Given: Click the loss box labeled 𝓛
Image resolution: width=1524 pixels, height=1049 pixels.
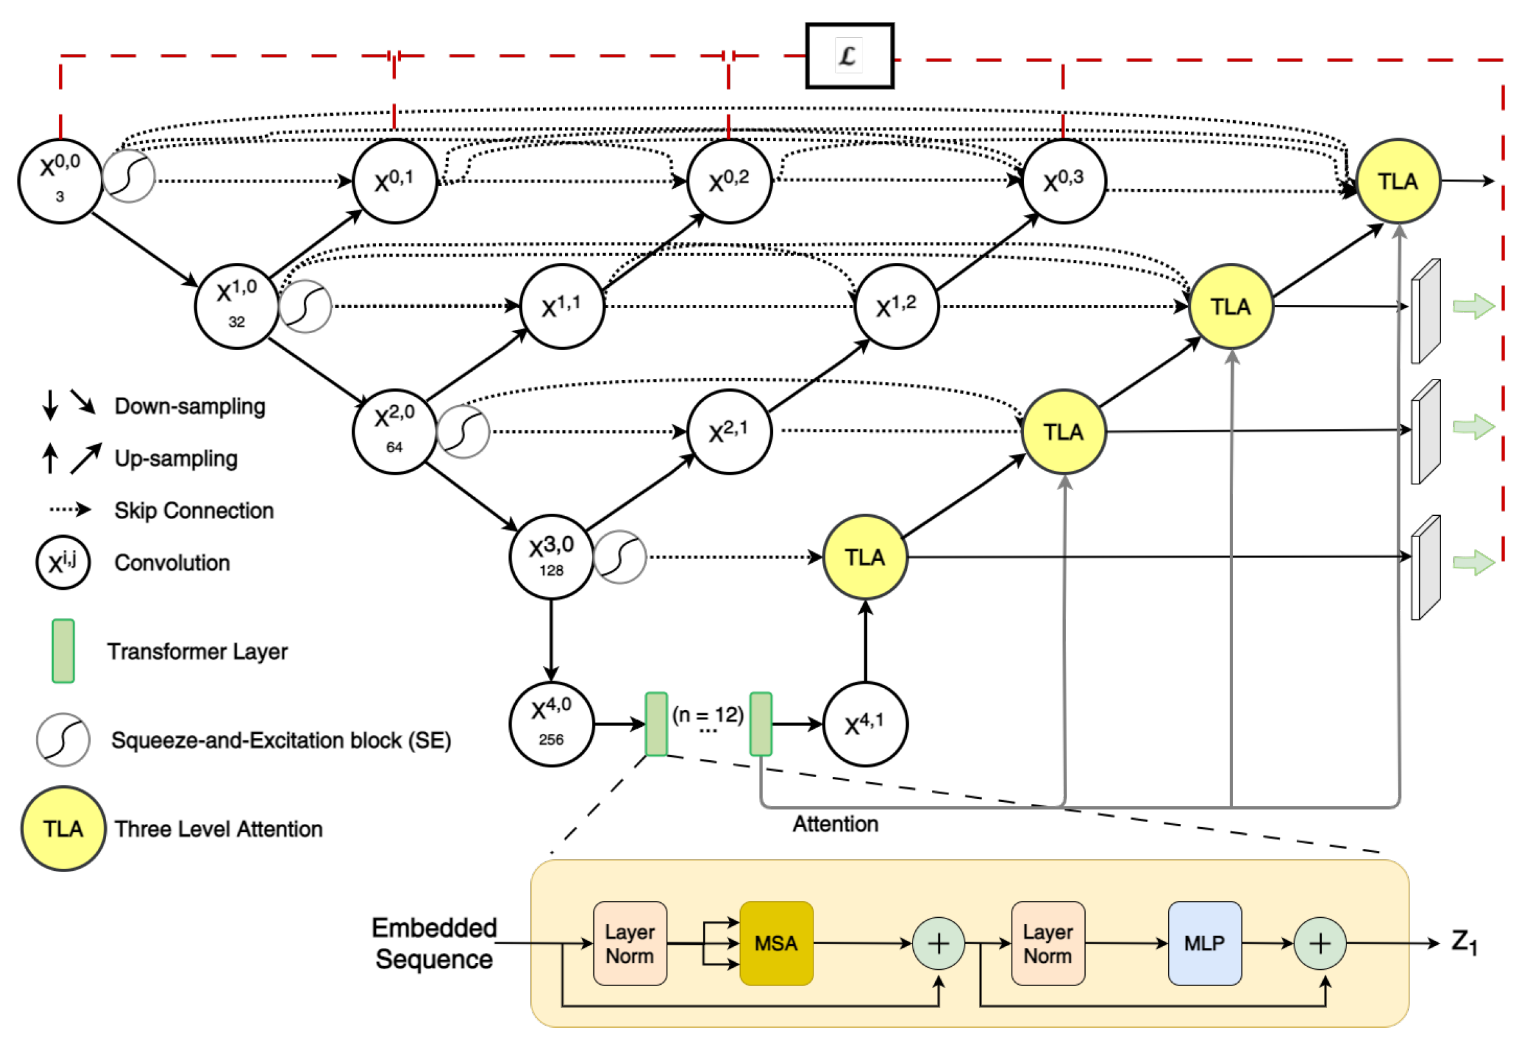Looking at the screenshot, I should [849, 56].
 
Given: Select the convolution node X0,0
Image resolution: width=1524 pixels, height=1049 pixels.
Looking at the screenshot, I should [60, 181].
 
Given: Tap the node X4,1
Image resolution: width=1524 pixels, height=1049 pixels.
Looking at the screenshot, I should [864, 724].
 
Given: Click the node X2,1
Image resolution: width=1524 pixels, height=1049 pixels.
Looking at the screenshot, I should [728, 432].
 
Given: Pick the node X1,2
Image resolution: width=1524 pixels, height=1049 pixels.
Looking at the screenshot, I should [896, 306].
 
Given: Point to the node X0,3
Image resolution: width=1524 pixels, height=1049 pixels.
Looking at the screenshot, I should [1063, 181].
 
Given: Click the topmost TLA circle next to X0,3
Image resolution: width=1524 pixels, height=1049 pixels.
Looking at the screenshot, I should [1398, 181].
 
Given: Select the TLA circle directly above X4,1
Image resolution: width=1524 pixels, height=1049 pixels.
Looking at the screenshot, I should [864, 557].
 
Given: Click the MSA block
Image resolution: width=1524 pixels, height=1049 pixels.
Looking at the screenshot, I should [776, 943].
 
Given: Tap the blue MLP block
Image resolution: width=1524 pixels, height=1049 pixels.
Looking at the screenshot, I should [1204, 943].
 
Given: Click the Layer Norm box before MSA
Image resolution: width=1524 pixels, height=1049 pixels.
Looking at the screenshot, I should [629, 943].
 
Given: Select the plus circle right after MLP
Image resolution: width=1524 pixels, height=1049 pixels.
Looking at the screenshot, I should [1319, 943].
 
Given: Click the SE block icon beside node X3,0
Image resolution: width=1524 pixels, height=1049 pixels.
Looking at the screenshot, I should [620, 557].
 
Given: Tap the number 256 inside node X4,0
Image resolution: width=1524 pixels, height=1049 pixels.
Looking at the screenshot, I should [550, 740].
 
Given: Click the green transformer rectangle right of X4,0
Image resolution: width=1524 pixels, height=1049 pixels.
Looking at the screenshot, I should [656, 724].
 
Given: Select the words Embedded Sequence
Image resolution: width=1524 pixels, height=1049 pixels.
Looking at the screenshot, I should [434, 943].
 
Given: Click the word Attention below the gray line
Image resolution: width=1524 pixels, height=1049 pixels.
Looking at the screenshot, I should [835, 823].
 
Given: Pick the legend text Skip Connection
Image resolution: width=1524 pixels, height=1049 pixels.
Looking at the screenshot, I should [193, 510].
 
